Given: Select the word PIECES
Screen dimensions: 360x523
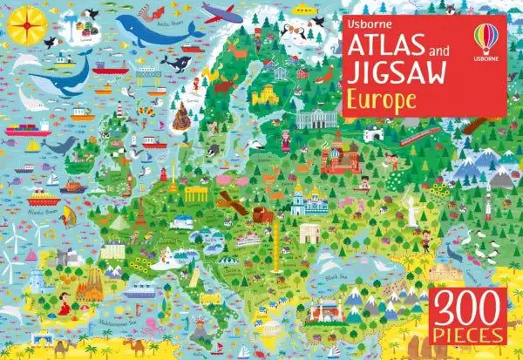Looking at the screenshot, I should click(x=472, y=335).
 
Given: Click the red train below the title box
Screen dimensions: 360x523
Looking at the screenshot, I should click(x=422, y=132).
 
